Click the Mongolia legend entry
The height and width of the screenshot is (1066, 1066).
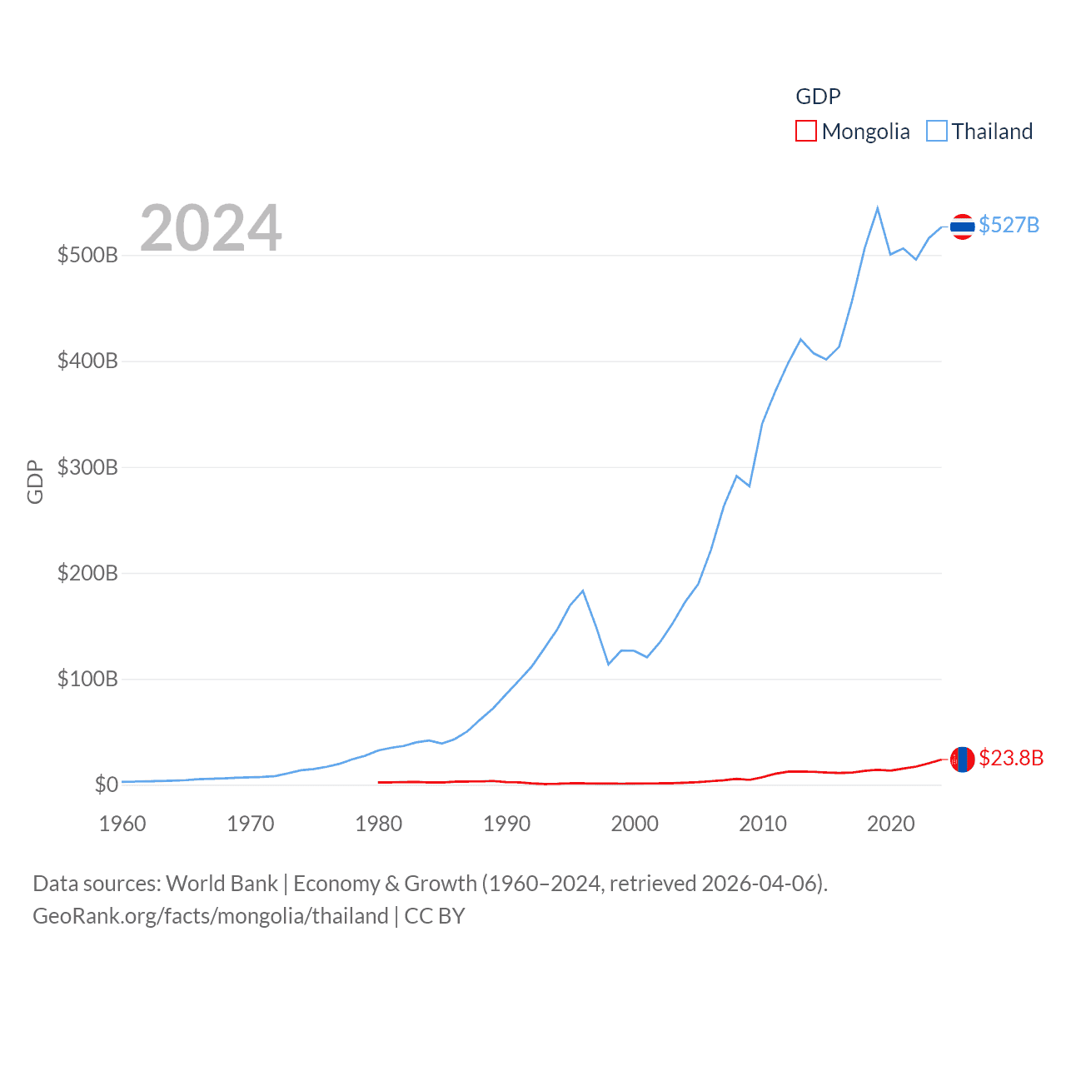click(x=854, y=132)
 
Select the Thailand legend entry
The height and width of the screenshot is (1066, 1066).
click(x=980, y=132)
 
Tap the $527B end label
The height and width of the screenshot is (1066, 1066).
click(x=1009, y=226)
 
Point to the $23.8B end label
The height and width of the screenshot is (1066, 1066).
click(x=1011, y=758)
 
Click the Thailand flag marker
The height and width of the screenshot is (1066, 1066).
click(x=962, y=227)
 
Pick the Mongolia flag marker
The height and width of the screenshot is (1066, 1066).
click(x=962, y=759)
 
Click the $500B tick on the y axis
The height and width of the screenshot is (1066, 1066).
click(x=87, y=255)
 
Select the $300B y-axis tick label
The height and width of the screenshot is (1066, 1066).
click(x=87, y=467)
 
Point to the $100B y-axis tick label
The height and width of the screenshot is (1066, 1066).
click(x=87, y=679)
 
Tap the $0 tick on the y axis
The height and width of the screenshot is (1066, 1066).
click(x=107, y=785)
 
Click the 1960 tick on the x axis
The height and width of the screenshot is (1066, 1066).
click(x=122, y=824)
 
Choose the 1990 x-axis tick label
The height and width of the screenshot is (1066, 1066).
click(x=506, y=824)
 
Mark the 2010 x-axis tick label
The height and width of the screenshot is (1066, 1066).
click(x=763, y=824)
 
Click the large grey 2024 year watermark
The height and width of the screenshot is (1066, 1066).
click(x=211, y=228)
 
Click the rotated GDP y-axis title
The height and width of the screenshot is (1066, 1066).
click(x=35, y=481)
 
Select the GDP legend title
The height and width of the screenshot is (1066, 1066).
click(x=818, y=97)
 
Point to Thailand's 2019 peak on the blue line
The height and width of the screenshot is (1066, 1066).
click(x=878, y=208)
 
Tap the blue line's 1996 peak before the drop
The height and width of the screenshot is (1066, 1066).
click(x=583, y=591)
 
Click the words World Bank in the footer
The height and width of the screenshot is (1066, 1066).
click(x=222, y=883)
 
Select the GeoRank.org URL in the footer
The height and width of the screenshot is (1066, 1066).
click(x=211, y=916)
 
